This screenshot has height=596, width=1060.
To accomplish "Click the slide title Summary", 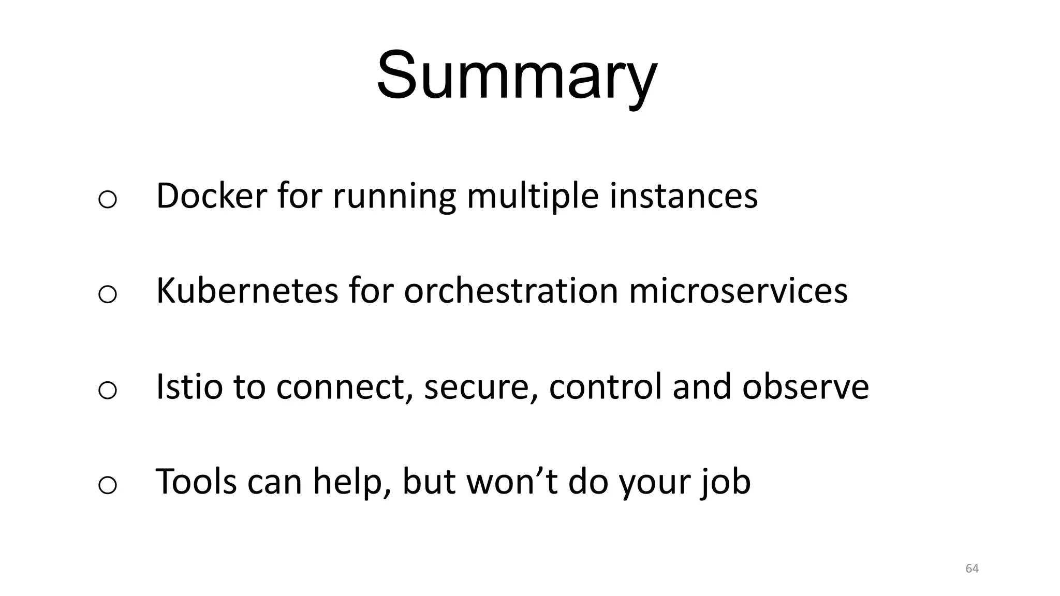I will coord(517,76).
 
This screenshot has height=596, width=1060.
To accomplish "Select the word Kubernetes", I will coord(247,290).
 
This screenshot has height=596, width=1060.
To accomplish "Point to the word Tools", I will coord(196,481).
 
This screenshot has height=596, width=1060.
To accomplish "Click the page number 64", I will coord(972,569).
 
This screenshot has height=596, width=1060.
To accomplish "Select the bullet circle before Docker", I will coord(107,199).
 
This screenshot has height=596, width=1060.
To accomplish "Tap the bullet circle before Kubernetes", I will coord(107,294).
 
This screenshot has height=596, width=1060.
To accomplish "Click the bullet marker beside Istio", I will coord(107,390).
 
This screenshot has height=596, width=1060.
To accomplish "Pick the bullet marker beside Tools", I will coord(107,485).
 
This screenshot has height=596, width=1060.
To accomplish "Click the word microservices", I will coord(738,290).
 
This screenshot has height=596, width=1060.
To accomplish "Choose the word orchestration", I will coord(511,290).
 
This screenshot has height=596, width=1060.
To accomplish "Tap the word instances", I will coord(683,196).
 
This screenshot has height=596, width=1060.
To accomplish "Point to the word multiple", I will coord(532,197).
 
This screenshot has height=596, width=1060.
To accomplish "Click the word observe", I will coord(805,386).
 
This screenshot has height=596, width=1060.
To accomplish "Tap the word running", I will coord(393,197).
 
